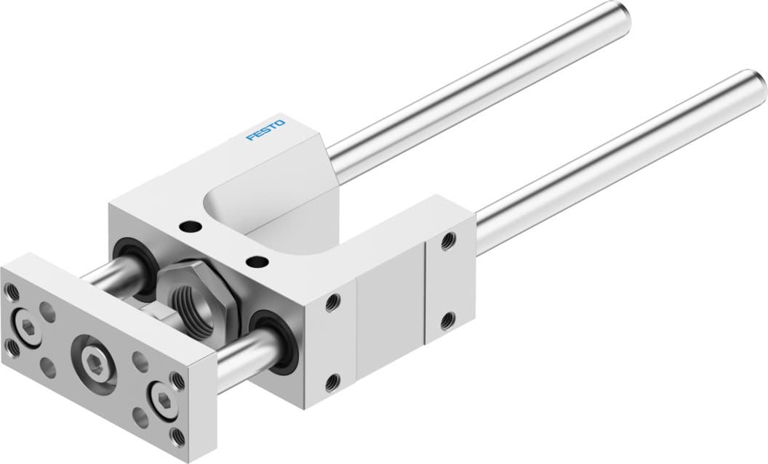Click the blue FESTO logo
(265, 131)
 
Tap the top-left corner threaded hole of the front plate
(11, 291)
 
